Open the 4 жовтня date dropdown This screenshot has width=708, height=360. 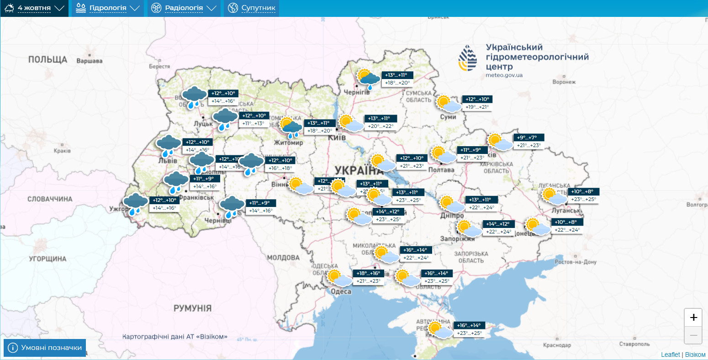tap(34, 8)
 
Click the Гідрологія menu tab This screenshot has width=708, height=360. tap(107, 8)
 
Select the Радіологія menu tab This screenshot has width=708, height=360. tap(184, 8)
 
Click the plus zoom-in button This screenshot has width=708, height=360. tap(693, 318)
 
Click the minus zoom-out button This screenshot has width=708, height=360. tap(693, 336)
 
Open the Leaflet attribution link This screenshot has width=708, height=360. tap(670, 355)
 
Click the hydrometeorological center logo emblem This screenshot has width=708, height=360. tap(467, 58)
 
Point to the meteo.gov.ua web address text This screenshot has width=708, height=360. tap(504, 75)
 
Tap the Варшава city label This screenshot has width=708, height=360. tap(90, 61)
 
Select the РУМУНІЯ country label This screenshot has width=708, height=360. tap(192, 308)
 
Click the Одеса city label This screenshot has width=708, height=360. tap(341, 291)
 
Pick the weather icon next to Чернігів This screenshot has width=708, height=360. tap(368, 79)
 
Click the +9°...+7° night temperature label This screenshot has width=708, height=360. tap(529, 138)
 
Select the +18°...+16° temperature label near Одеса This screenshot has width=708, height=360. tap(368, 273)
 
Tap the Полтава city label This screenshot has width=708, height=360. tap(441, 170)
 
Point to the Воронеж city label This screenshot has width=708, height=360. tap(564, 82)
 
